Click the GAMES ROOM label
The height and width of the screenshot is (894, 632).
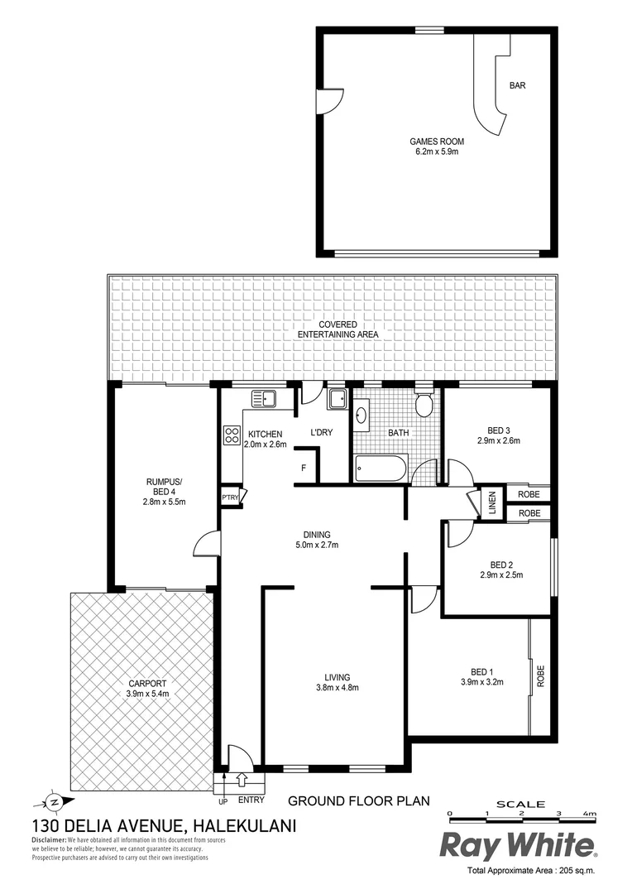tap(436, 142)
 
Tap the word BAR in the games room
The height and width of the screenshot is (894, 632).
tap(518, 85)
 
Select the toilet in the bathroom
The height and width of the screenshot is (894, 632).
tap(424, 405)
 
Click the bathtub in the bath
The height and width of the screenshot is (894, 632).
tap(381, 469)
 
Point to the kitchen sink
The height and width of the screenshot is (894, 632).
tap(262, 399)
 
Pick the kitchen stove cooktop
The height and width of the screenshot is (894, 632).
tap(231, 435)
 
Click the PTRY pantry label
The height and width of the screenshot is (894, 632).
tap(230, 497)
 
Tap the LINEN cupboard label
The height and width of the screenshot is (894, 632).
tap(491, 502)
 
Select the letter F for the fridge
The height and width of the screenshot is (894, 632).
tap(304, 469)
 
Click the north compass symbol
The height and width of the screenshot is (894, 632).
tap(51, 801)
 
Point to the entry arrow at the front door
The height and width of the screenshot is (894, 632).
tap(242, 780)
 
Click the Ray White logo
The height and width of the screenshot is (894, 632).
tap(516, 845)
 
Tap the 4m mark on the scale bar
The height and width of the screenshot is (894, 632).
tap(589, 814)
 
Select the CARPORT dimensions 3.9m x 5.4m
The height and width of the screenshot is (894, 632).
tap(148, 694)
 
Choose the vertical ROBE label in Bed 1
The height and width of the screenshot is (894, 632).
tap(541, 676)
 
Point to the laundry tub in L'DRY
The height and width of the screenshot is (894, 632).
tap(338, 400)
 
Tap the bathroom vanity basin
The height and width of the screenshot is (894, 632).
tap(362, 415)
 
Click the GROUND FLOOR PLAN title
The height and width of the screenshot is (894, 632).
tap(358, 800)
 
